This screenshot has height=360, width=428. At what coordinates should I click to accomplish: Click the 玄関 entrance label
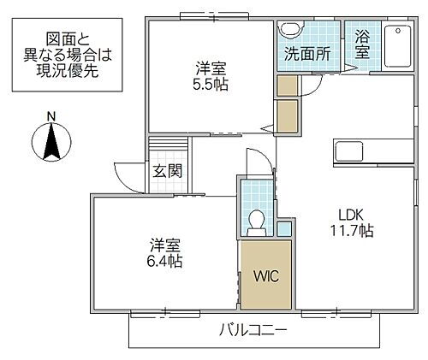click(167, 170)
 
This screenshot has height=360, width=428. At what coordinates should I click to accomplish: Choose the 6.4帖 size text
click(161, 260)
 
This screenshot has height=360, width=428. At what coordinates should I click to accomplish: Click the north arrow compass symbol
click(51, 141)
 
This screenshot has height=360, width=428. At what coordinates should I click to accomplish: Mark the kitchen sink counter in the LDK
click(349, 151)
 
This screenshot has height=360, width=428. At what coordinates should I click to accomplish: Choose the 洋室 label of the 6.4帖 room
click(161, 244)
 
